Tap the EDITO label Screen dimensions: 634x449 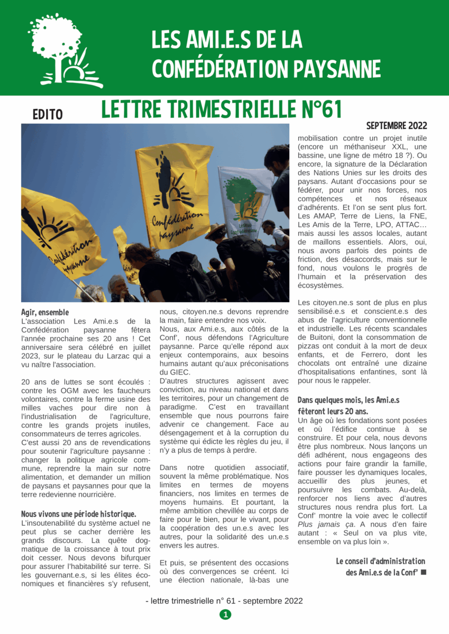tap(48, 114)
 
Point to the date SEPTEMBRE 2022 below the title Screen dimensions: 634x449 tap(396, 126)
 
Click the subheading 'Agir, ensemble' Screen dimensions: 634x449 tap(45, 312)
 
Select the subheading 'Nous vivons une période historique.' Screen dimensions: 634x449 tap(79, 513)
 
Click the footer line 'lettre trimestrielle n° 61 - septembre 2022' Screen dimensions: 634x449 tap(224, 601)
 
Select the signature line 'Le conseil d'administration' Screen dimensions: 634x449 tap(380, 561)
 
